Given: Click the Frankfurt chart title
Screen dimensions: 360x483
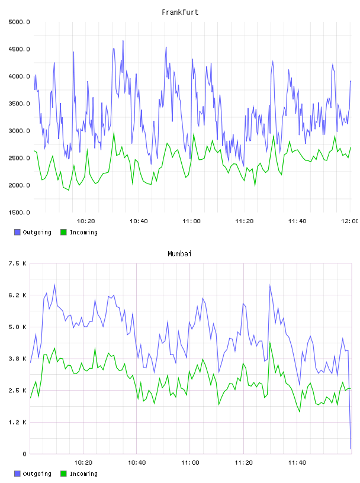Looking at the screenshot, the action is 180,12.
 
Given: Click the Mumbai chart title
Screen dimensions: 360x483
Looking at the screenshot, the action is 179,254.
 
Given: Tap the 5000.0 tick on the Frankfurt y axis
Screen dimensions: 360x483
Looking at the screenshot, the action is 19,22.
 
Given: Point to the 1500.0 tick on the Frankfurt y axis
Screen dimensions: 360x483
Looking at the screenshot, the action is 19,212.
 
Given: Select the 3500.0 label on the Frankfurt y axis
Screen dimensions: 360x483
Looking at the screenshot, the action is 19,104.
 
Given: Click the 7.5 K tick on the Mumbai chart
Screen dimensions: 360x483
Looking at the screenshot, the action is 18,263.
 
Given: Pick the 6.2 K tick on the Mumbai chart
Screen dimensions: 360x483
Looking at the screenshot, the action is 18,295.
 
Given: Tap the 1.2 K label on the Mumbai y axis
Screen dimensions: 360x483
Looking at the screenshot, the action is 18,422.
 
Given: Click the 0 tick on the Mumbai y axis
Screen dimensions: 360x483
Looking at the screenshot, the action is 24,454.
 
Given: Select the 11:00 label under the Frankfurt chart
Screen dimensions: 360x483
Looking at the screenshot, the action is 191,221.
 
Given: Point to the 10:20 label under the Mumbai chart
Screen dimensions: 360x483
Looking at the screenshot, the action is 83,463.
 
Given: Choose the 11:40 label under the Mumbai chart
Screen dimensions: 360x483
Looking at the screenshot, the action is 297,463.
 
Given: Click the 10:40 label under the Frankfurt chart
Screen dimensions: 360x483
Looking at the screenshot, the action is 139,221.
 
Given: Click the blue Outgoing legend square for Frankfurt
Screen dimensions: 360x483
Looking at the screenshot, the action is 17,232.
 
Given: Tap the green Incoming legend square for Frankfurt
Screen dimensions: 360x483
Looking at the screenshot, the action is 63,232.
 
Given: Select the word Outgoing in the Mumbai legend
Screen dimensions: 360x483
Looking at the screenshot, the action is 37,474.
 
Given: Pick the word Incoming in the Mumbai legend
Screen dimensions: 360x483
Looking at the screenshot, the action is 83,474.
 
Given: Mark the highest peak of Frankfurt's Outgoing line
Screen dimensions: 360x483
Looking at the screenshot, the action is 123,41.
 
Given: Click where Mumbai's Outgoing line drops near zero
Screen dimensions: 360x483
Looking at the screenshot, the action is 351,449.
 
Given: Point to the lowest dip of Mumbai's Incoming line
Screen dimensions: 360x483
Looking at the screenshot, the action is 299,411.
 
